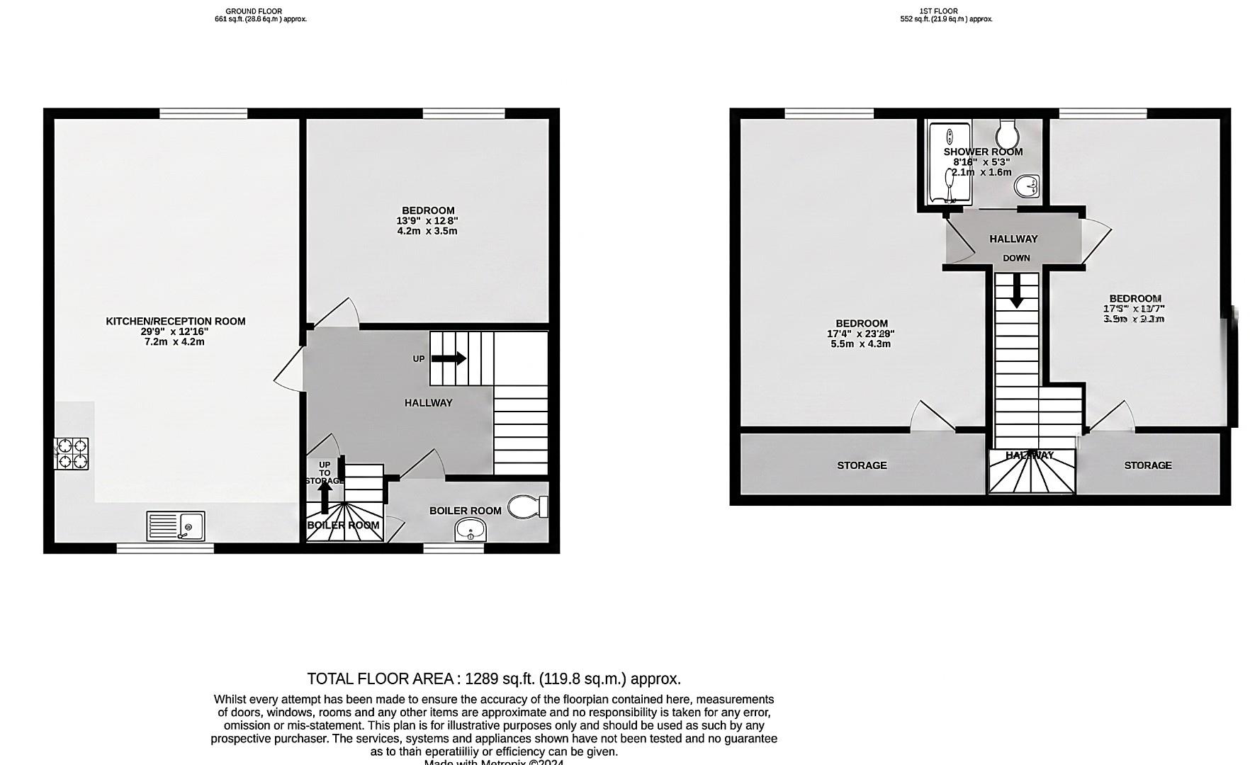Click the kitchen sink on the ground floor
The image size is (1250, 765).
[176, 526]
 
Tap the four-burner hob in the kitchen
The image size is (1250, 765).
[72, 453]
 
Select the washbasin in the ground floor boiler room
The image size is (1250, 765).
[471, 528]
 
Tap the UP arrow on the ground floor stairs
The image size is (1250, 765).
[449, 358]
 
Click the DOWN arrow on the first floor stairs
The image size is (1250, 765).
[1016, 290]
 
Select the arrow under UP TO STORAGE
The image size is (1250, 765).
[325, 496]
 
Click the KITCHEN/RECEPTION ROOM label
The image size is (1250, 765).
[176, 321]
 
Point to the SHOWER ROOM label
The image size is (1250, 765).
[983, 152]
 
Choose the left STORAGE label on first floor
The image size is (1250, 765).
[862, 465]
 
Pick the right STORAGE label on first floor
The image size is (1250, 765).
[1147, 465]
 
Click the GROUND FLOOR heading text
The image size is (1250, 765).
[254, 11]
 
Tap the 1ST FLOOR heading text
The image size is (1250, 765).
[938, 11]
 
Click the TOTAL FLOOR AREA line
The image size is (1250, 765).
[494, 679]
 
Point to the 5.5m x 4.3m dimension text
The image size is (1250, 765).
[860, 344]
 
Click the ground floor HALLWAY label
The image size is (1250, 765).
[428, 403]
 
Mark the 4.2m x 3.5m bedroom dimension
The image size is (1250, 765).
[427, 231]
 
